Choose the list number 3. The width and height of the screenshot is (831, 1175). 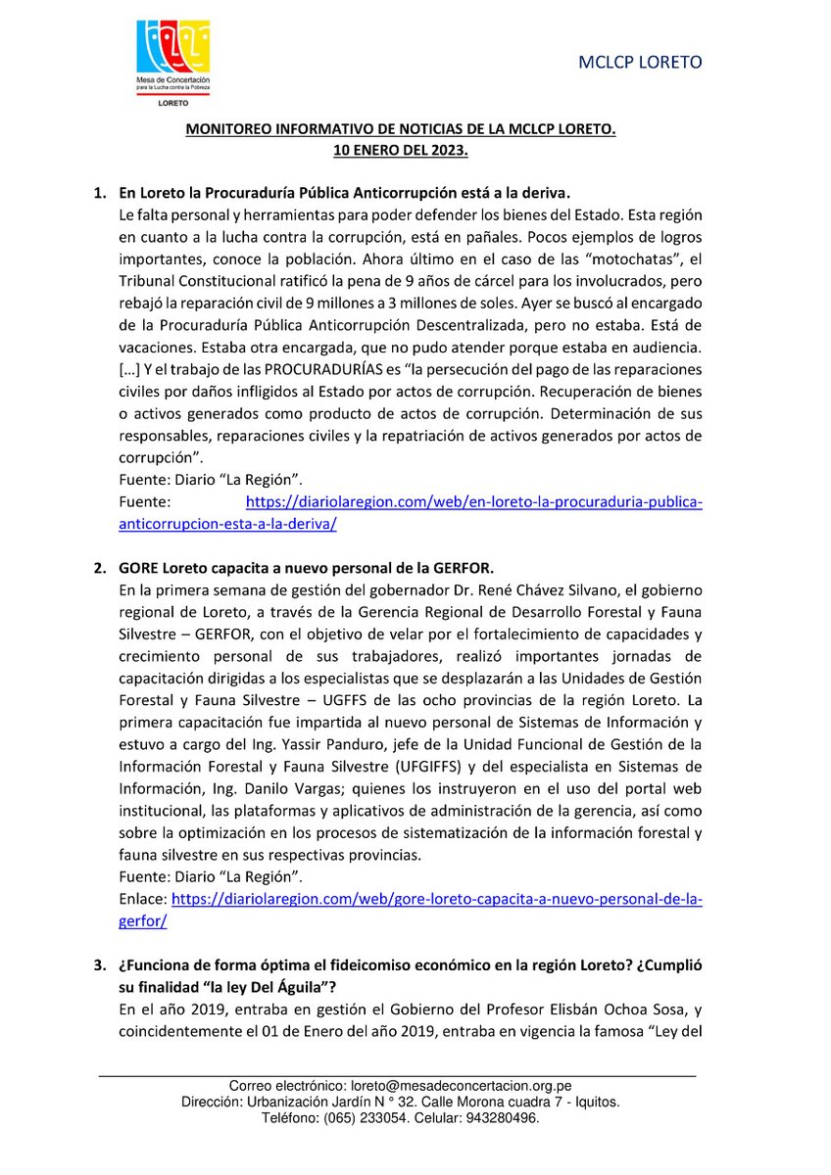[x=99, y=965]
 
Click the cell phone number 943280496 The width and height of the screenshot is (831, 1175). [x=494, y=1117]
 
